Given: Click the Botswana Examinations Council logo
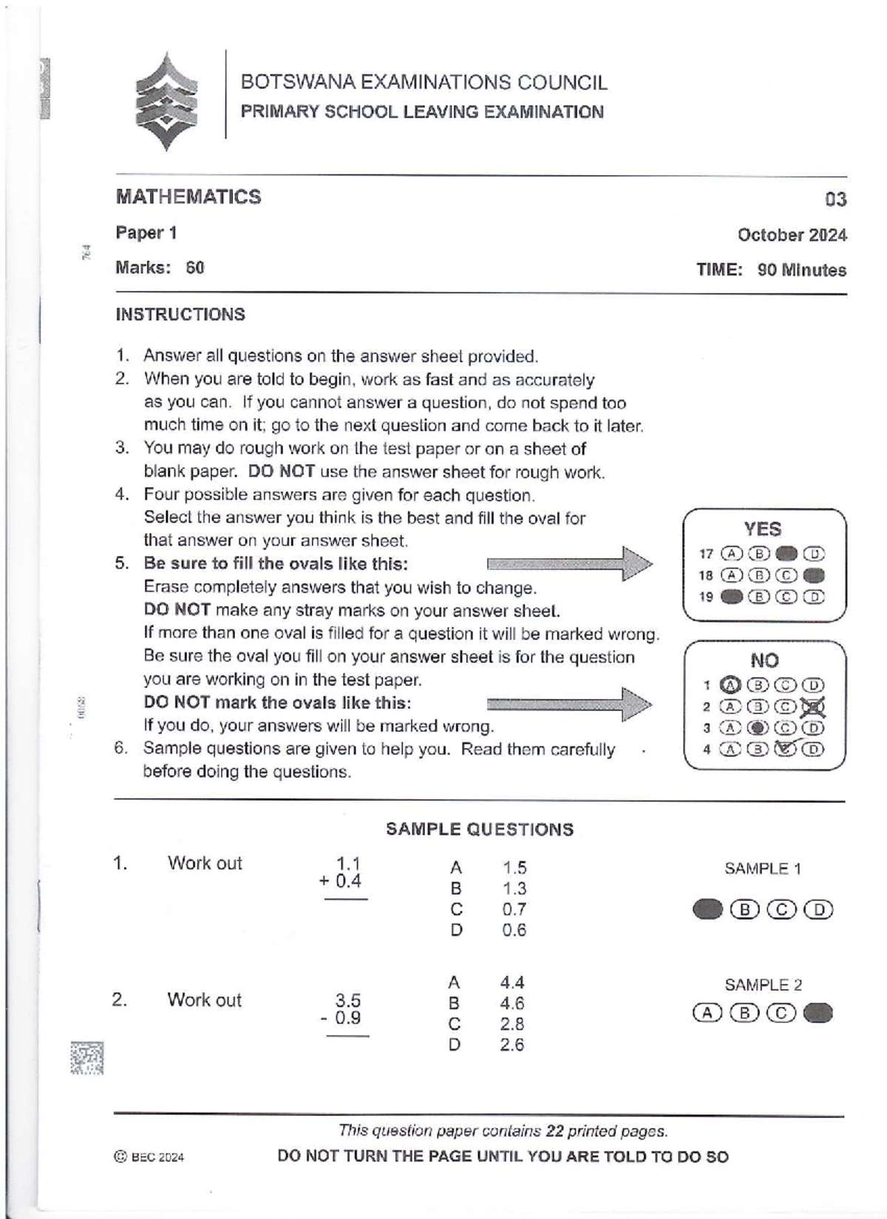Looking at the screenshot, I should [x=166, y=101].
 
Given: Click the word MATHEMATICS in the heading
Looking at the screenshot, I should [x=188, y=197].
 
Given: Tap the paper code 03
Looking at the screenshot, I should [x=835, y=200].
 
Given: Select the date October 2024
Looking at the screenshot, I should [x=792, y=235].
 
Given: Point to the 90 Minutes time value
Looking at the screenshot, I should [x=801, y=270].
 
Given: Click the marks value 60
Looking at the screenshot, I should [x=195, y=268].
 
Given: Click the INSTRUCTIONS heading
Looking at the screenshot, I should [x=180, y=314].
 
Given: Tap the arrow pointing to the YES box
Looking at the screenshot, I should [x=569, y=564].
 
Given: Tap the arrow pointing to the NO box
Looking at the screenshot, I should [x=569, y=703].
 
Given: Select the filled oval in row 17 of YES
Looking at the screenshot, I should [x=787, y=554].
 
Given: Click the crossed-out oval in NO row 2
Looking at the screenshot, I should [x=813, y=707].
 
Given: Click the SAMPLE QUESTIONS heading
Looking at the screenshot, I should [x=479, y=829].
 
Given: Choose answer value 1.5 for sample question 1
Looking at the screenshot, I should [x=514, y=868].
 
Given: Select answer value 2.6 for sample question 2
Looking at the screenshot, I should [x=512, y=1045].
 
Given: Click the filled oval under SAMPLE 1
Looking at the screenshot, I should [x=707, y=909].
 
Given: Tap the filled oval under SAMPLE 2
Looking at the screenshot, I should [x=818, y=1013].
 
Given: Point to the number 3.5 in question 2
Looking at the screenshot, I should [x=347, y=1000].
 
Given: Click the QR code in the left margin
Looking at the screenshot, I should [x=86, y=1058].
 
